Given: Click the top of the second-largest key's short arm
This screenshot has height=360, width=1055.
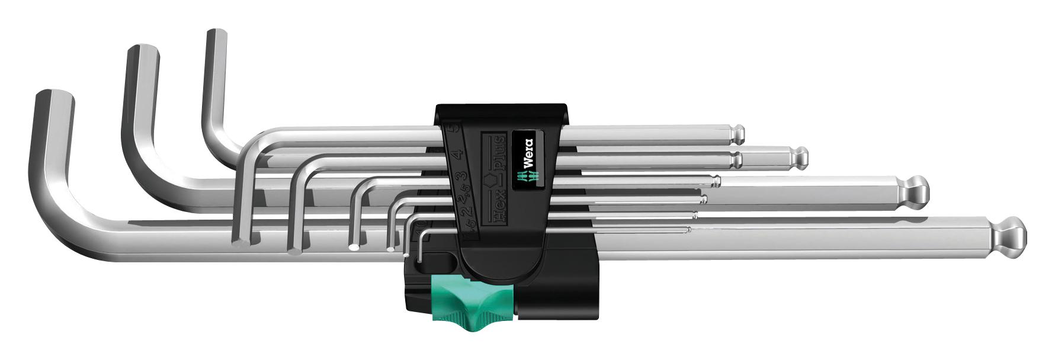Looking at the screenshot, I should (x=142, y=51).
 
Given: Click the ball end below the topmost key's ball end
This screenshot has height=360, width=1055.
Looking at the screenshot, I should (x=799, y=157).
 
